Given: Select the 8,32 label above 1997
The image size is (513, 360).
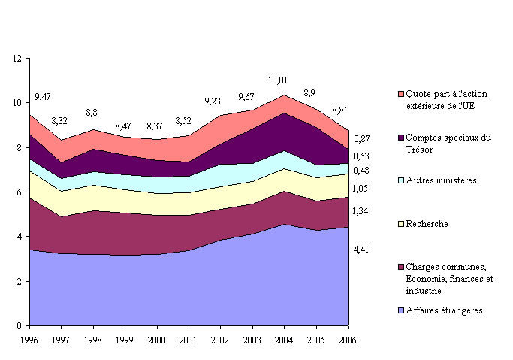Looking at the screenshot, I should (x=61, y=121).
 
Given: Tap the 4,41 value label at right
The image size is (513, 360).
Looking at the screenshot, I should (x=361, y=249).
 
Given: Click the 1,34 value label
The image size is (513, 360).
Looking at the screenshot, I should (x=361, y=211).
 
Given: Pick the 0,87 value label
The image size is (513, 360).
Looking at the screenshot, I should (x=361, y=139).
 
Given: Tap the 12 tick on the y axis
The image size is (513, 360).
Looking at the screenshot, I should (x=16, y=59).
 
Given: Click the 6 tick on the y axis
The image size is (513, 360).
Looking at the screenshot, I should (x=18, y=192).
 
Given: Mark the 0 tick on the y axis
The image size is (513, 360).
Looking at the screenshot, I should (x=18, y=326).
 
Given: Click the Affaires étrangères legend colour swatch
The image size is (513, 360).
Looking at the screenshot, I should (x=401, y=310).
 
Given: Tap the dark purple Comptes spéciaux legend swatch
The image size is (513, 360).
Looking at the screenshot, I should (x=401, y=138).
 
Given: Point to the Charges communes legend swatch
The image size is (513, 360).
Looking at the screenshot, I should (x=401, y=268).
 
